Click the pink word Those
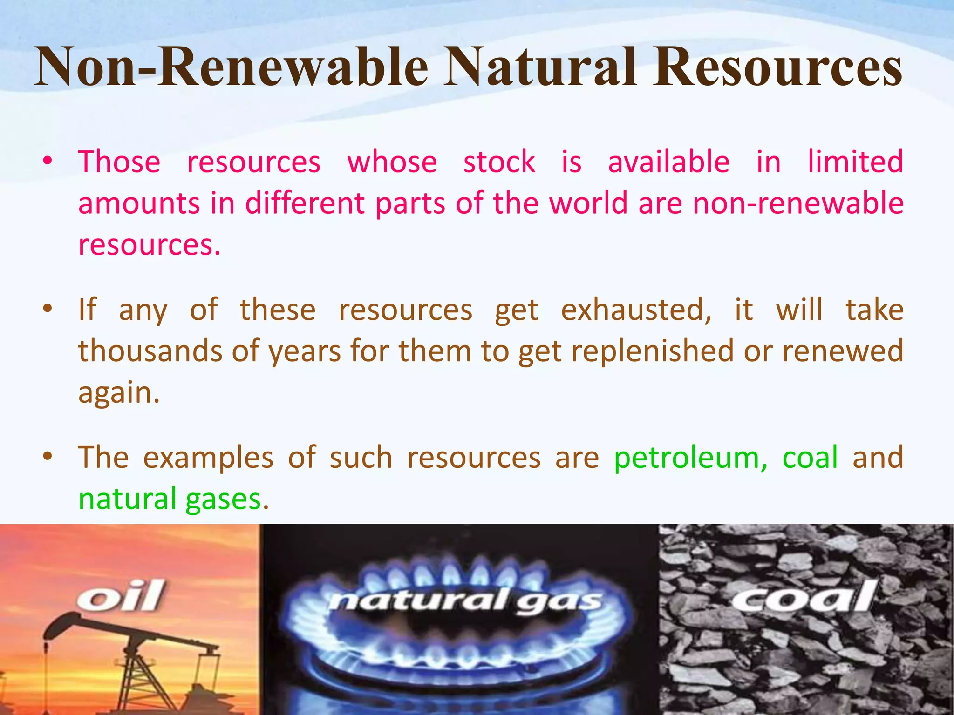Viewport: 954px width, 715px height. [119, 162]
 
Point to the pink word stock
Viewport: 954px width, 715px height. [499, 162]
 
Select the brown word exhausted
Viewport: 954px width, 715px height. [636, 310]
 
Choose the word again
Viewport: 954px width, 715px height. [119, 393]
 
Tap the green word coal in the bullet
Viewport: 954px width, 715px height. [810, 457]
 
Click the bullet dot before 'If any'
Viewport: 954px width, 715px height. [47, 309]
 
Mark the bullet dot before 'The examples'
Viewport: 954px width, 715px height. [47, 456]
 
